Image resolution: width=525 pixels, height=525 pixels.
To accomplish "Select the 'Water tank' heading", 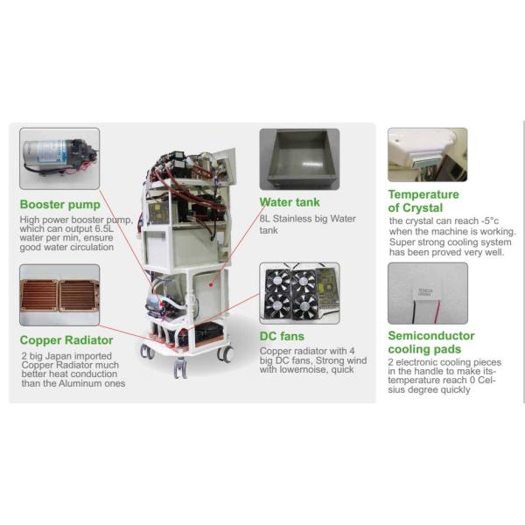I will pos(290,202).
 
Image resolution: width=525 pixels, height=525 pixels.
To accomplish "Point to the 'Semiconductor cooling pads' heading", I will pos(431,342).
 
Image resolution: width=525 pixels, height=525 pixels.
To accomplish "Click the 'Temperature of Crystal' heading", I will pos(423,200).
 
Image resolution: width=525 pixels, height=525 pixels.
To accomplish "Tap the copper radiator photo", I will pos(59,297).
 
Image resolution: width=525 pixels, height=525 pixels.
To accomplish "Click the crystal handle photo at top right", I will pos(427,155).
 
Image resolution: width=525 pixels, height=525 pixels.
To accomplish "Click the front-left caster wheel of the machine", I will pos(179,368).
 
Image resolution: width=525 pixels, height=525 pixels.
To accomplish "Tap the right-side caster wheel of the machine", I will pos(226,353).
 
